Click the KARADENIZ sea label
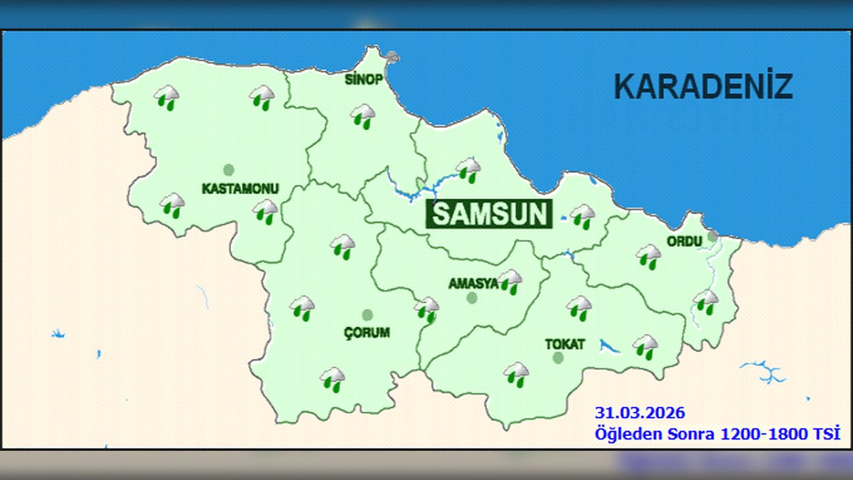click(x=702, y=87)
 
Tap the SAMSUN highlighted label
click(x=490, y=214)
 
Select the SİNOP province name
click(x=363, y=79)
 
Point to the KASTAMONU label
click(x=240, y=189)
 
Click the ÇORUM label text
click(x=367, y=332)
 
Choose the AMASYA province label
click(x=473, y=284)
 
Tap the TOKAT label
click(x=565, y=344)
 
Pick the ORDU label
click(x=684, y=241)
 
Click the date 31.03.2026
click(x=640, y=412)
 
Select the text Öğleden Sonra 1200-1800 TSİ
click(x=717, y=432)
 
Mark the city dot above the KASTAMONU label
click(x=228, y=170)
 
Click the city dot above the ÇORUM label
click(x=367, y=315)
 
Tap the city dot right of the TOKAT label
click(x=558, y=358)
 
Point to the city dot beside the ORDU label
click(x=712, y=237)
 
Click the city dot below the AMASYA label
click(x=471, y=298)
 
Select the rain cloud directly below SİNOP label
click(x=363, y=116)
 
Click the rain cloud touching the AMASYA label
click(x=510, y=282)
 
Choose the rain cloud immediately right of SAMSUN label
click(x=583, y=216)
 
